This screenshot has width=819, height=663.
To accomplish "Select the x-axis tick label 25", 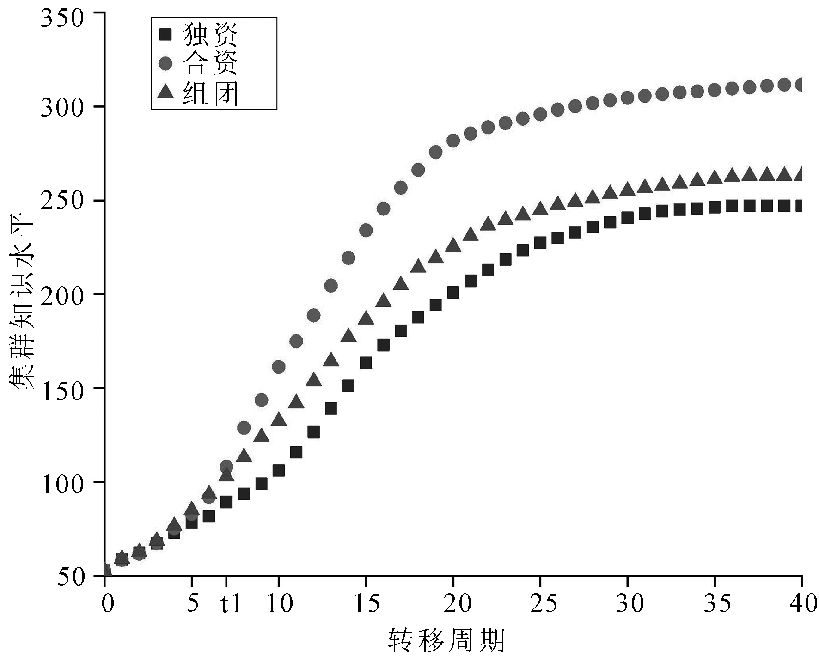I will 540,604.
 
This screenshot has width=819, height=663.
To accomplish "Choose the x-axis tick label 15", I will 366,604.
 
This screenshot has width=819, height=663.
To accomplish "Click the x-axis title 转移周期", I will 446,640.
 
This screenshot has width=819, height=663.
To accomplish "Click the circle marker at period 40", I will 801,85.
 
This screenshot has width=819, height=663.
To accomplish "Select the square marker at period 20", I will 453,293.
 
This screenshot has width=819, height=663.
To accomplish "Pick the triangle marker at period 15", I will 366,318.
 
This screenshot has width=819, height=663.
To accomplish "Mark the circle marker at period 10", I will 279,367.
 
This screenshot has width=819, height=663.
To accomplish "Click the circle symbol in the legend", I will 165,64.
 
